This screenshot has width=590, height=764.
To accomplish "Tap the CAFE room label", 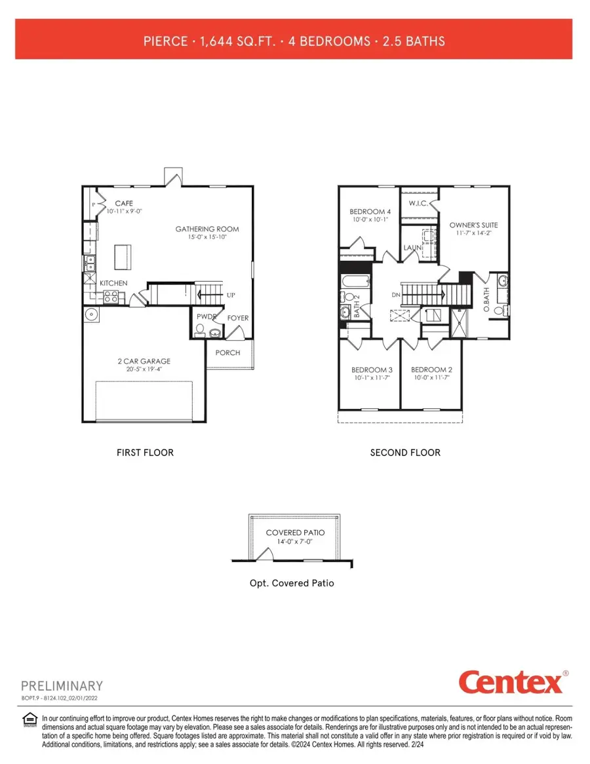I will click(125, 203).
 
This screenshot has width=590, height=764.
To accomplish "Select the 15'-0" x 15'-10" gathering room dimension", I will click(207, 237).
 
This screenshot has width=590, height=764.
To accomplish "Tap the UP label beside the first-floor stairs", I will click(230, 296).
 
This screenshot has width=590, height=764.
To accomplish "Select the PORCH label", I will click(227, 353).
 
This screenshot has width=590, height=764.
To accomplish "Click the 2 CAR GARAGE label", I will click(144, 361).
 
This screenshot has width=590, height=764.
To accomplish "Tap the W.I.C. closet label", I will click(418, 204).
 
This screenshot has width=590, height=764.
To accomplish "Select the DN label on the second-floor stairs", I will click(396, 296).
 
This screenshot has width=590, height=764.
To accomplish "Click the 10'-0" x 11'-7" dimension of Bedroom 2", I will click(431, 378).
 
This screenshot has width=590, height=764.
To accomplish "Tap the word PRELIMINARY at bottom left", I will click(62, 686).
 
